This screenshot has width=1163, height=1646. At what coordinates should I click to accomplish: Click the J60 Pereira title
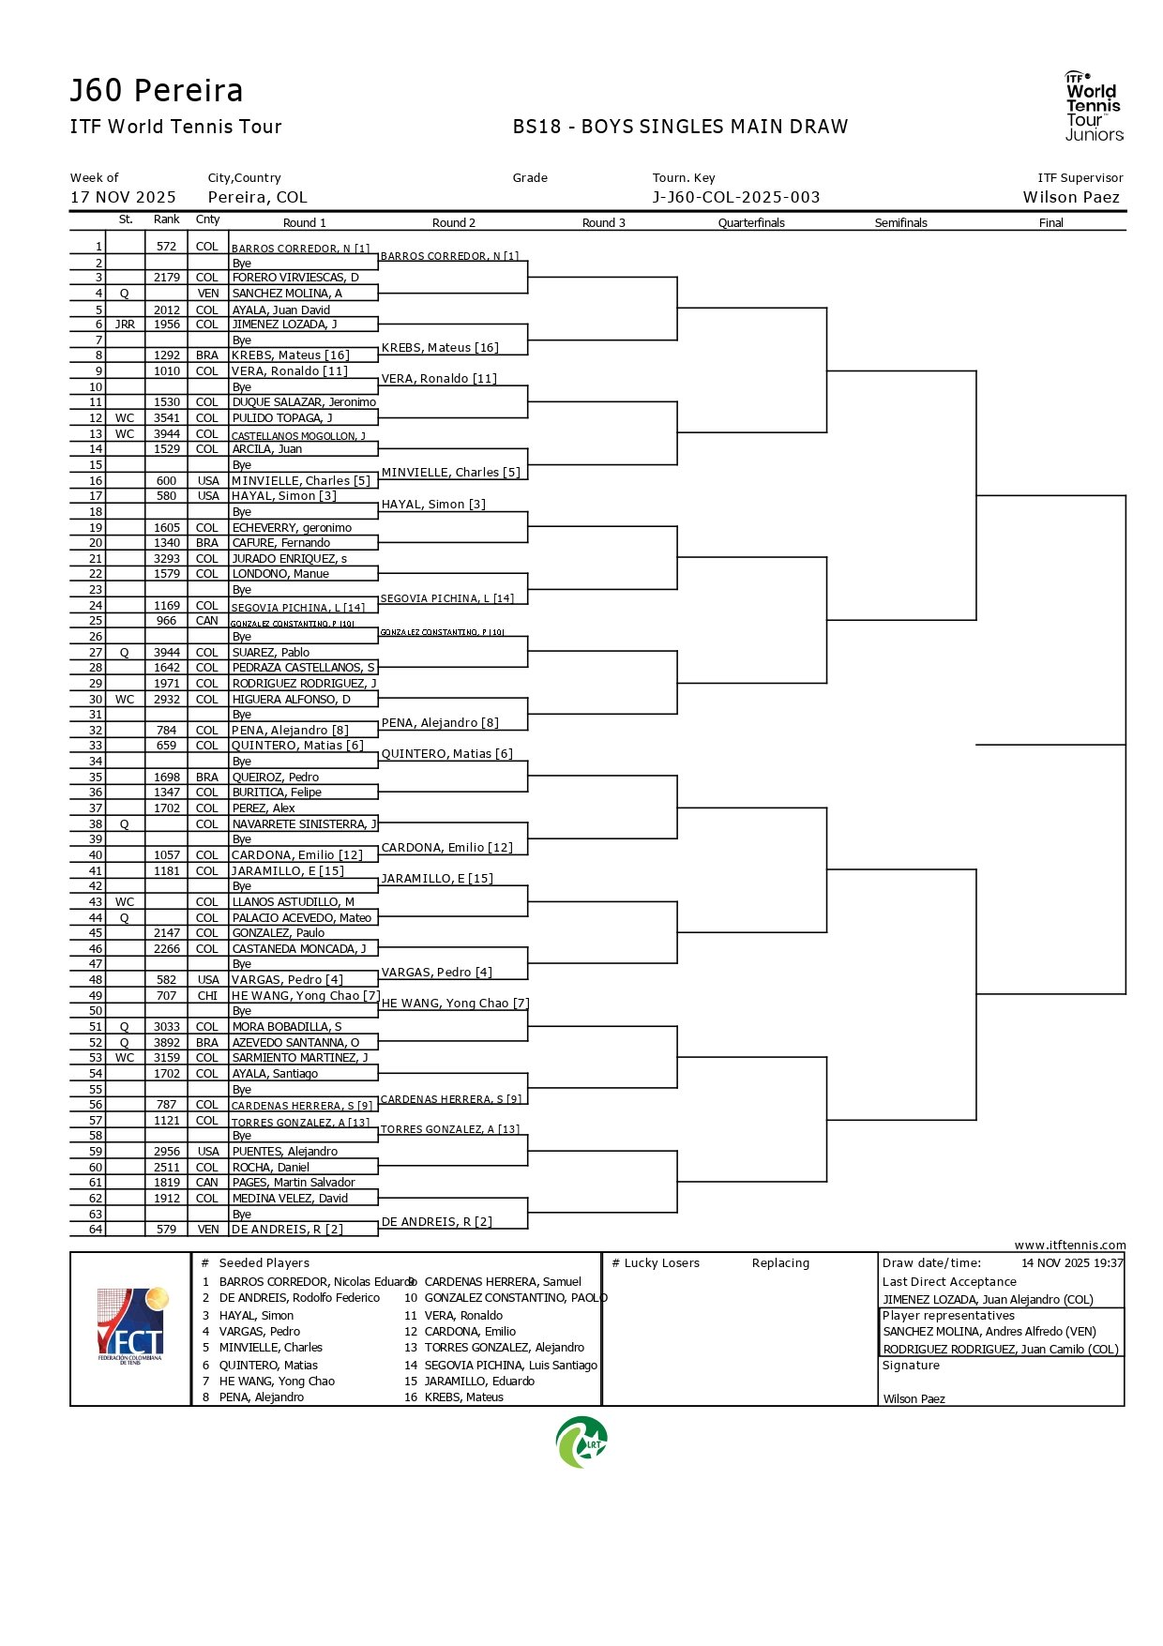[156, 91]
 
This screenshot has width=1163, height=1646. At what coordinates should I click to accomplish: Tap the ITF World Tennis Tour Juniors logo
[1094, 106]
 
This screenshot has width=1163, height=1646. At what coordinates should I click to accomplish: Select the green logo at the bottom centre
[581, 1442]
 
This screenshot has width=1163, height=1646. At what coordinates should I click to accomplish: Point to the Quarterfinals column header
[751, 223]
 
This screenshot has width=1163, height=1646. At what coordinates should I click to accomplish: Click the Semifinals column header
[900, 223]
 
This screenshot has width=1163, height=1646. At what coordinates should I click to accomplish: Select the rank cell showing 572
[167, 247]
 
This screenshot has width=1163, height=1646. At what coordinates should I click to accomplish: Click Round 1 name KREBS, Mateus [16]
[291, 355]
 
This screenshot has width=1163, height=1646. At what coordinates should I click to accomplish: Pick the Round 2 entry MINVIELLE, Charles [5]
[450, 473]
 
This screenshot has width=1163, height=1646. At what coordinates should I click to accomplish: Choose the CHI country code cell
[207, 996]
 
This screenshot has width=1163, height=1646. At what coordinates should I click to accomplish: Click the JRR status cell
[125, 325]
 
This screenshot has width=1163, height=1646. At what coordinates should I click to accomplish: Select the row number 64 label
[96, 1230]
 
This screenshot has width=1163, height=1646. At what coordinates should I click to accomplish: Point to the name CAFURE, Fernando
[281, 543]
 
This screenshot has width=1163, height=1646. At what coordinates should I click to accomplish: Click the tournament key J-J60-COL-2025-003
[736, 198]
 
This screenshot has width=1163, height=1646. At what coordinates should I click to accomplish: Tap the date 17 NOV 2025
[123, 198]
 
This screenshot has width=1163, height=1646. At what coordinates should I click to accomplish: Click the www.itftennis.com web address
[1069, 1246]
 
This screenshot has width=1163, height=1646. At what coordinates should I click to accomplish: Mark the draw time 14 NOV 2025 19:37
[1072, 1263]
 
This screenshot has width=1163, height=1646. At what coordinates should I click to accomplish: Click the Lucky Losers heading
[656, 1263]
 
